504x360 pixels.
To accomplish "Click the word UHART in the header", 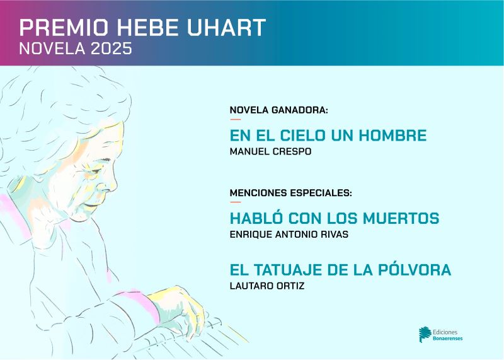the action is (x=226, y=27).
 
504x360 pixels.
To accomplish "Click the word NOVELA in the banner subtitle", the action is (x=52, y=49).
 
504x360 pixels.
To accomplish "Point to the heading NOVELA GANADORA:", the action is (x=278, y=110).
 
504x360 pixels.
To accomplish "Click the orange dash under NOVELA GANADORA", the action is (x=235, y=119).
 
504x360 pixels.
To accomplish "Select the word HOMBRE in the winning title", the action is (x=392, y=135).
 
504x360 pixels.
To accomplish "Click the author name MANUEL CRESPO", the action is (x=270, y=151).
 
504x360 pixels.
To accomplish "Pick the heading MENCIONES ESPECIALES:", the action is (x=290, y=193).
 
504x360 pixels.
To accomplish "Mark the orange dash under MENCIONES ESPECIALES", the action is (x=235, y=202).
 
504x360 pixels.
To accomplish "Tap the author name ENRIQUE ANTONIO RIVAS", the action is (x=289, y=234).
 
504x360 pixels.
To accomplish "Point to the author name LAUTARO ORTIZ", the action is (x=266, y=286).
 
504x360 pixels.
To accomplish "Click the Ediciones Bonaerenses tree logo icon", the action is (x=425, y=335).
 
